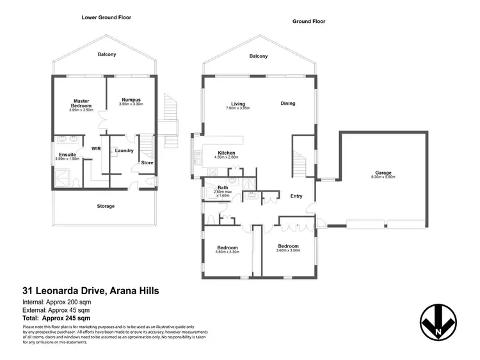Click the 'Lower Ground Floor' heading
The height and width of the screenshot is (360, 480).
106,17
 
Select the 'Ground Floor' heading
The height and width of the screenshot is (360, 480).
309,21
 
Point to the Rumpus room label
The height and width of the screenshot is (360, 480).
131,99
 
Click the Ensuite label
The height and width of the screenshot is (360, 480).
67,155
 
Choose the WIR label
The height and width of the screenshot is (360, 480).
97,148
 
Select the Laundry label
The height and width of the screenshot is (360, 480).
124,151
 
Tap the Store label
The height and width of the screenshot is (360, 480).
147,162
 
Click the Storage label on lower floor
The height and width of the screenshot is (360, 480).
106,206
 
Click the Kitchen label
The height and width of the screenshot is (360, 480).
227,153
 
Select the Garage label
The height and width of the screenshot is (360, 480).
383,173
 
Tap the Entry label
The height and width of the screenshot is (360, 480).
296,196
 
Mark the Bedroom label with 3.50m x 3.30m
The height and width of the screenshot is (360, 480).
227,247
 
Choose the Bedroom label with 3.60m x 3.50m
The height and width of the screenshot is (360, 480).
288,246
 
